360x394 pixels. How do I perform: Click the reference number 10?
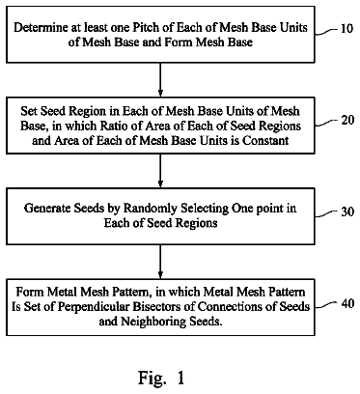tap(346, 29)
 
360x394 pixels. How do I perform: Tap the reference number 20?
tap(347, 120)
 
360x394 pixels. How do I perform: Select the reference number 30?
tap(347, 211)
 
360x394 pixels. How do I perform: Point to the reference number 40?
tap(347, 303)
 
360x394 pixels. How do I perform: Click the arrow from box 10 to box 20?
tap(160, 80)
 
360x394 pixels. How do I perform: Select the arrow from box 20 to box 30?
tap(160, 171)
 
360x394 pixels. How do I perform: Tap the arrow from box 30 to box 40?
tap(160, 262)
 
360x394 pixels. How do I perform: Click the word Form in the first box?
tap(179, 42)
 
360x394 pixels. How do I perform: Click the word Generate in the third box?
tap(47, 208)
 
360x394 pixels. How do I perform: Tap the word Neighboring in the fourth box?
tap(153, 322)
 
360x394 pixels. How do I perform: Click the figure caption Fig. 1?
tap(161, 378)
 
